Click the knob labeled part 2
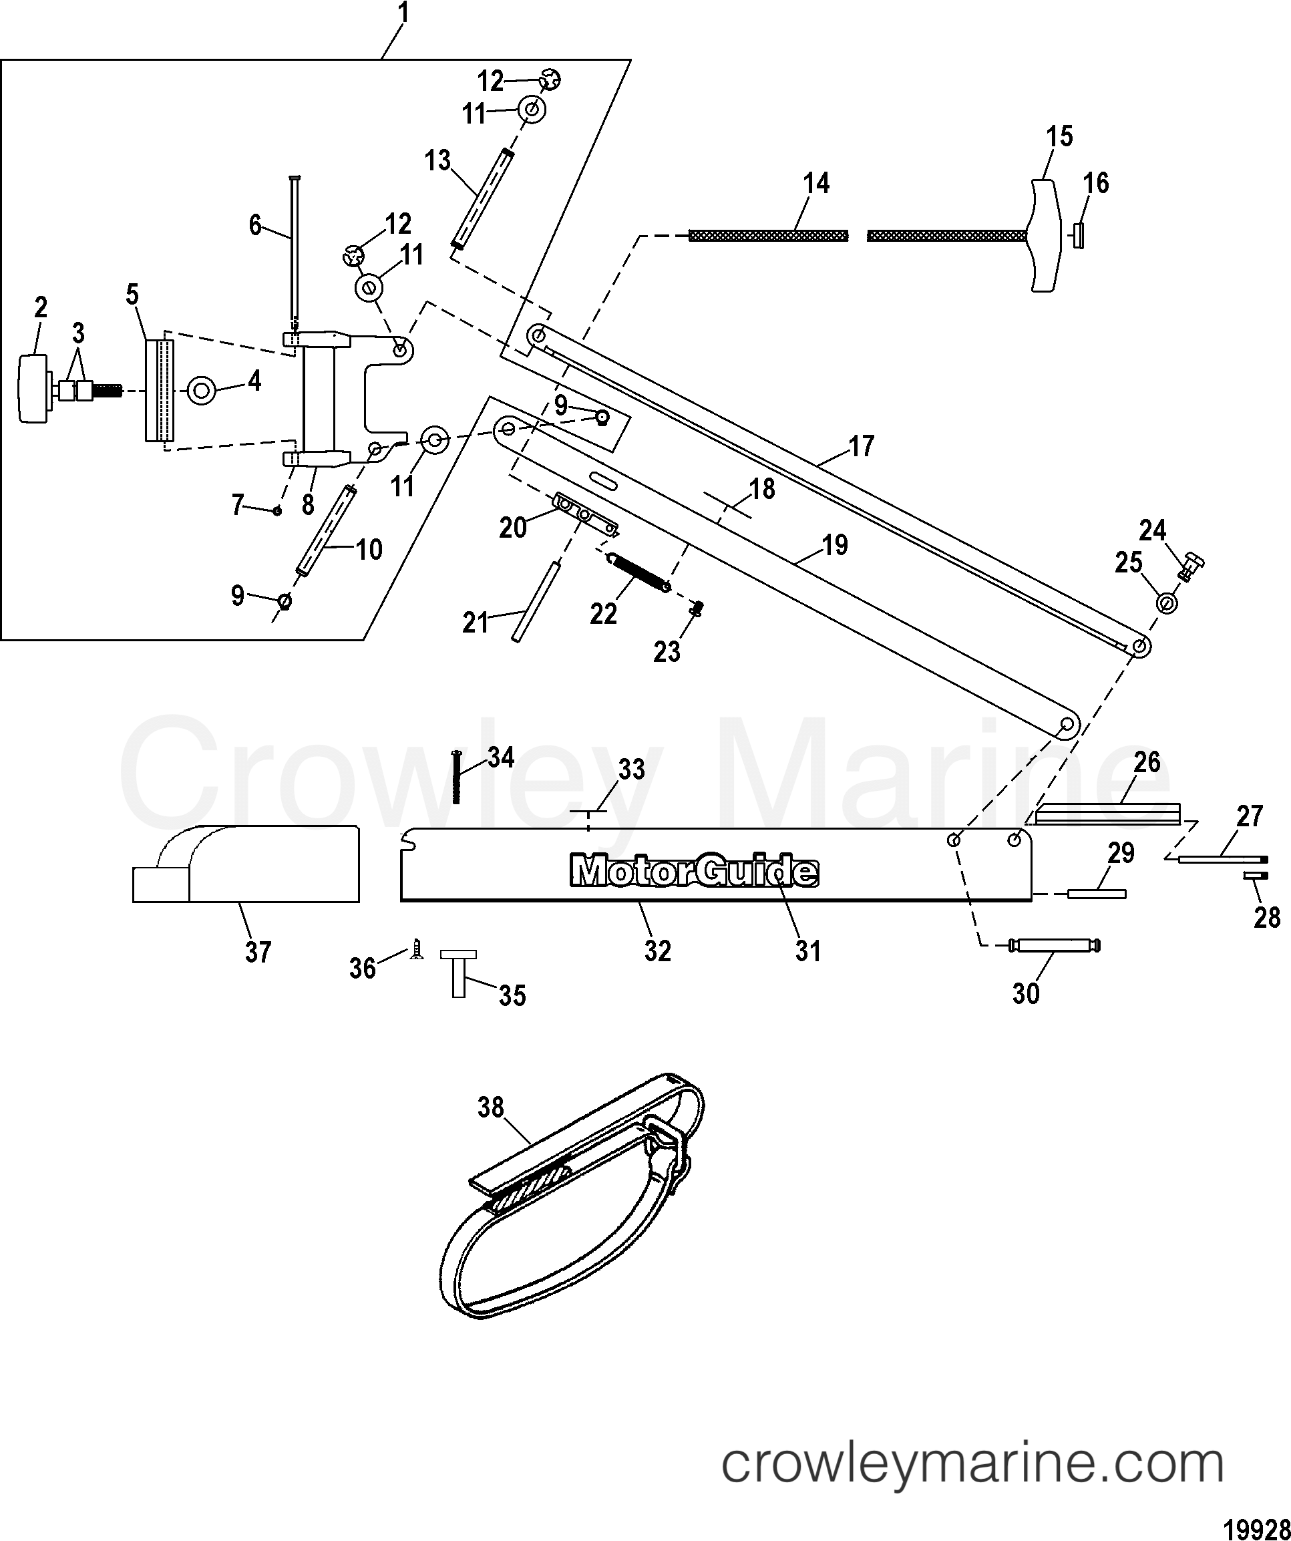point(31,388)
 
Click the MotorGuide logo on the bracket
point(694,872)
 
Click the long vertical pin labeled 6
point(295,250)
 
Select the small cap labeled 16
point(1078,236)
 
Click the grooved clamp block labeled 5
point(159,389)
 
